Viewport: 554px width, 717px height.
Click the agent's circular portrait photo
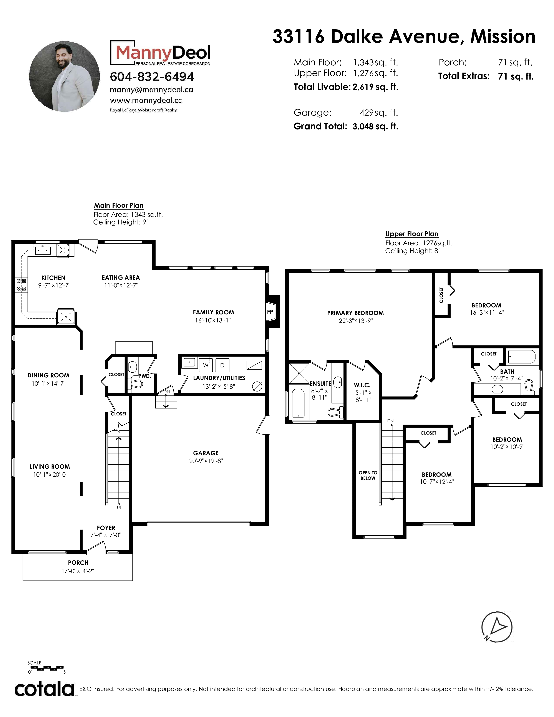(x=64, y=76)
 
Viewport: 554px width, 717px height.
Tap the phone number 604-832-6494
(x=152, y=77)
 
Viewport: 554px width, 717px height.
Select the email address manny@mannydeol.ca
(x=151, y=90)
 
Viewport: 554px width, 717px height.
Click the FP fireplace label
(x=270, y=312)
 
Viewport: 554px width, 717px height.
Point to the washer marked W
(x=206, y=365)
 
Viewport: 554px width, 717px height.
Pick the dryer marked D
(x=222, y=365)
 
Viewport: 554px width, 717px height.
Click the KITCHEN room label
(x=53, y=278)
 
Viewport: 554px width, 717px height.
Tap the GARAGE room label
(x=206, y=453)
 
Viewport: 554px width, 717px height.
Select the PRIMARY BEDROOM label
(x=355, y=313)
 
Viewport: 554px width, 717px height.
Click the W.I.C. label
(x=362, y=385)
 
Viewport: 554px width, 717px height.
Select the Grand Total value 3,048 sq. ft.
(x=375, y=126)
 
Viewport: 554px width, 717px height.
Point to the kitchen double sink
(x=43, y=251)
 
